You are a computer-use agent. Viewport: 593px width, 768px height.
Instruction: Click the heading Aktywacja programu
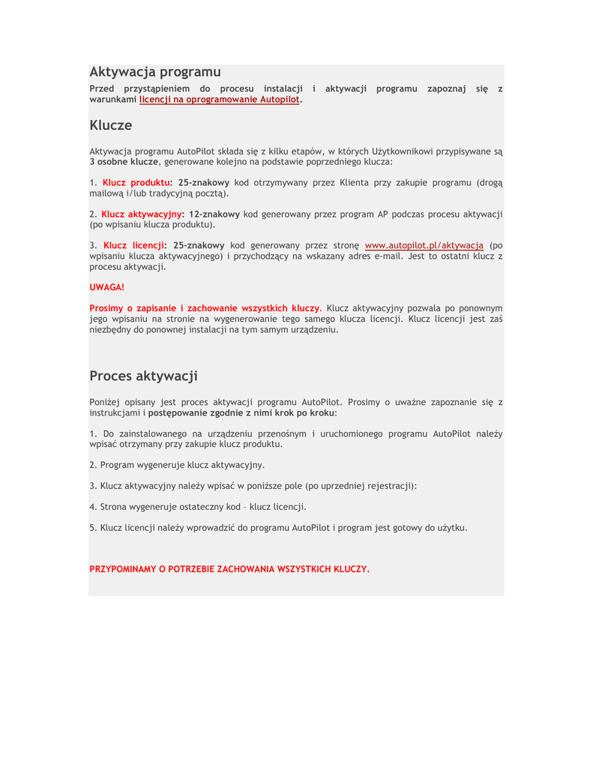click(155, 72)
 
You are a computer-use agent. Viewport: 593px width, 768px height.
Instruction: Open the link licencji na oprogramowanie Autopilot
click(220, 99)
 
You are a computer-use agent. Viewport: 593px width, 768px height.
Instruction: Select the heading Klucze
click(111, 125)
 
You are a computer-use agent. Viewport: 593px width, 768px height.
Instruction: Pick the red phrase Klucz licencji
click(133, 245)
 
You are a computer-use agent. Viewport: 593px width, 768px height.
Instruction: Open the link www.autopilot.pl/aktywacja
click(424, 245)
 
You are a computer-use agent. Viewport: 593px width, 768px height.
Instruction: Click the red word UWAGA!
click(107, 286)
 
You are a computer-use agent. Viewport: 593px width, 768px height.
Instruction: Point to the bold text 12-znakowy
click(214, 214)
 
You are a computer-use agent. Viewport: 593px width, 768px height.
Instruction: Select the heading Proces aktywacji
click(143, 376)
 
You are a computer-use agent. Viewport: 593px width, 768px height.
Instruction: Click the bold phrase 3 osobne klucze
click(124, 161)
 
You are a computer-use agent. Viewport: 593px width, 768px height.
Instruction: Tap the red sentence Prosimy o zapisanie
click(204, 308)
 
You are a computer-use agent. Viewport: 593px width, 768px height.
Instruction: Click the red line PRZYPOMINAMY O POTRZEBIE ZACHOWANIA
click(229, 569)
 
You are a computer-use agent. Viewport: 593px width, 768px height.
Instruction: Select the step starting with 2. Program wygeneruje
click(177, 465)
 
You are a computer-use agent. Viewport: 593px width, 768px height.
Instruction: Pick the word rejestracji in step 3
click(387, 486)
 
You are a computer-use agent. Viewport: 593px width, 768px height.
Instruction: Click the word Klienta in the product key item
click(355, 182)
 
